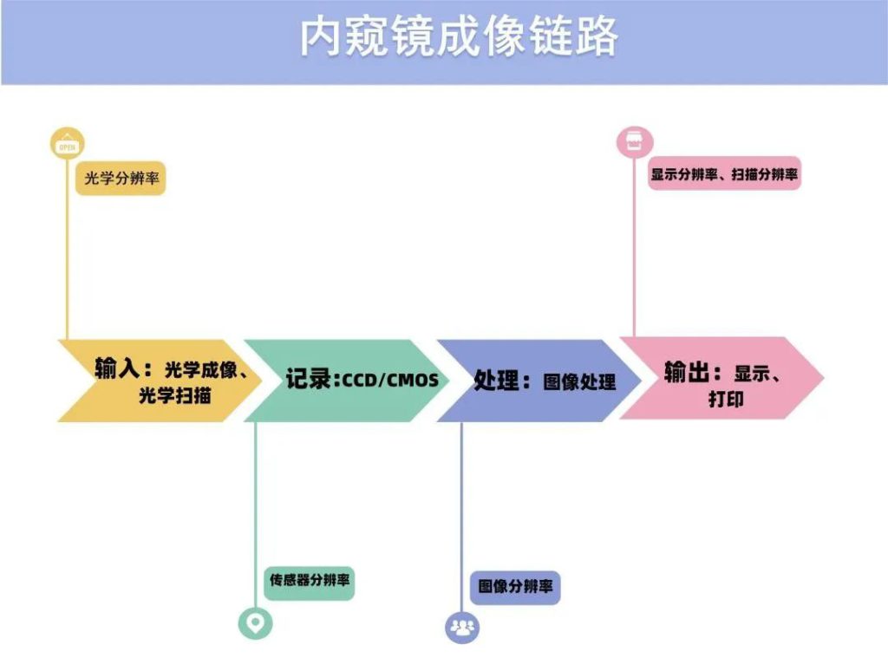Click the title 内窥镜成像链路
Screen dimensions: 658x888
point(459,38)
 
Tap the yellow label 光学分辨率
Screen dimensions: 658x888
point(120,179)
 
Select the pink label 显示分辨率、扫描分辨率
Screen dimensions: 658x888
point(724,173)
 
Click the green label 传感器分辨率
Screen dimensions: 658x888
point(310,580)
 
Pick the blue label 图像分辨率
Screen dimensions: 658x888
point(515,587)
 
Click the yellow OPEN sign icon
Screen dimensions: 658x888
point(68,145)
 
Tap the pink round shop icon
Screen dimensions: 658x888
point(634,140)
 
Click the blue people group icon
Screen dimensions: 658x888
point(461,626)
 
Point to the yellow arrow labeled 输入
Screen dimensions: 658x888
point(156,381)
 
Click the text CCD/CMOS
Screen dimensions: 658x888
point(390,381)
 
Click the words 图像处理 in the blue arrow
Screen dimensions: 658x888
point(579,381)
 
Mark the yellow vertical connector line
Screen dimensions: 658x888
point(68,251)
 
